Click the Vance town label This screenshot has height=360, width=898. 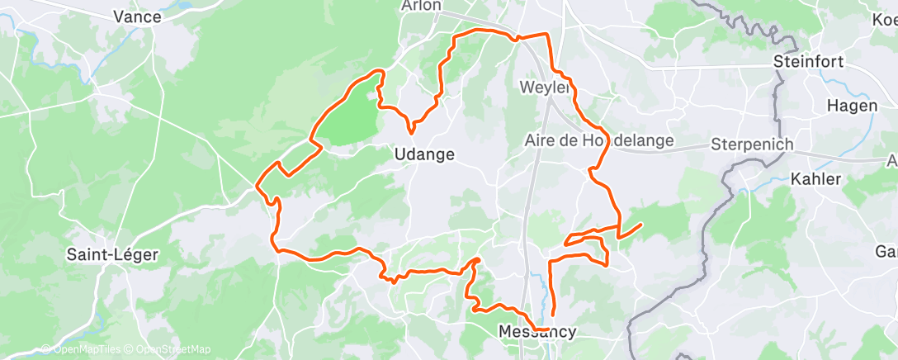(136, 16)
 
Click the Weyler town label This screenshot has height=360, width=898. (546, 87)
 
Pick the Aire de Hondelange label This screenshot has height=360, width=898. (599, 141)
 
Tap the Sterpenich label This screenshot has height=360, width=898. (752, 144)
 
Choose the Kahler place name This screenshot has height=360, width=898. (815, 178)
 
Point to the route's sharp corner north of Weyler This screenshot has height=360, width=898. (546, 35)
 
